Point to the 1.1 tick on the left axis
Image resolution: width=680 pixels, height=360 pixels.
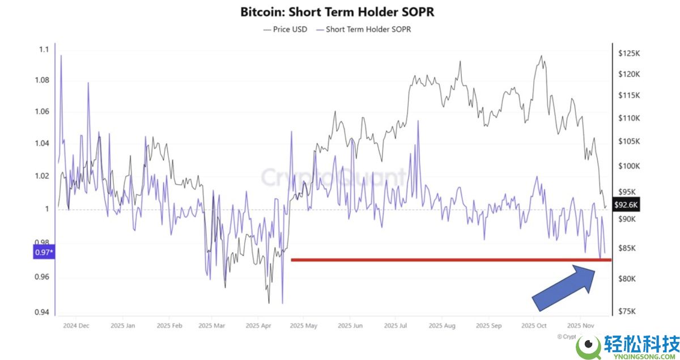click(x=43, y=50)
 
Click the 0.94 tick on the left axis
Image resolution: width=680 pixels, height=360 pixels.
click(x=41, y=312)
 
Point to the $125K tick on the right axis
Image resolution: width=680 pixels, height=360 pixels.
click(x=629, y=53)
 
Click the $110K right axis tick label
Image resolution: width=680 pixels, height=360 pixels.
click(x=629, y=118)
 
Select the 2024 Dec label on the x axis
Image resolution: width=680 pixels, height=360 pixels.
click(x=76, y=326)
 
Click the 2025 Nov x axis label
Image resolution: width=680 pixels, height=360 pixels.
click(x=581, y=326)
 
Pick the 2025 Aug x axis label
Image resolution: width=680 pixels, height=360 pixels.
click(x=442, y=326)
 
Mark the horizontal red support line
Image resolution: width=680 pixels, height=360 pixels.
click(x=450, y=260)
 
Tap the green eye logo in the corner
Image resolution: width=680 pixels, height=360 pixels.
click(x=589, y=344)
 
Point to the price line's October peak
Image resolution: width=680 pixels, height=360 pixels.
click(x=541, y=56)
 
